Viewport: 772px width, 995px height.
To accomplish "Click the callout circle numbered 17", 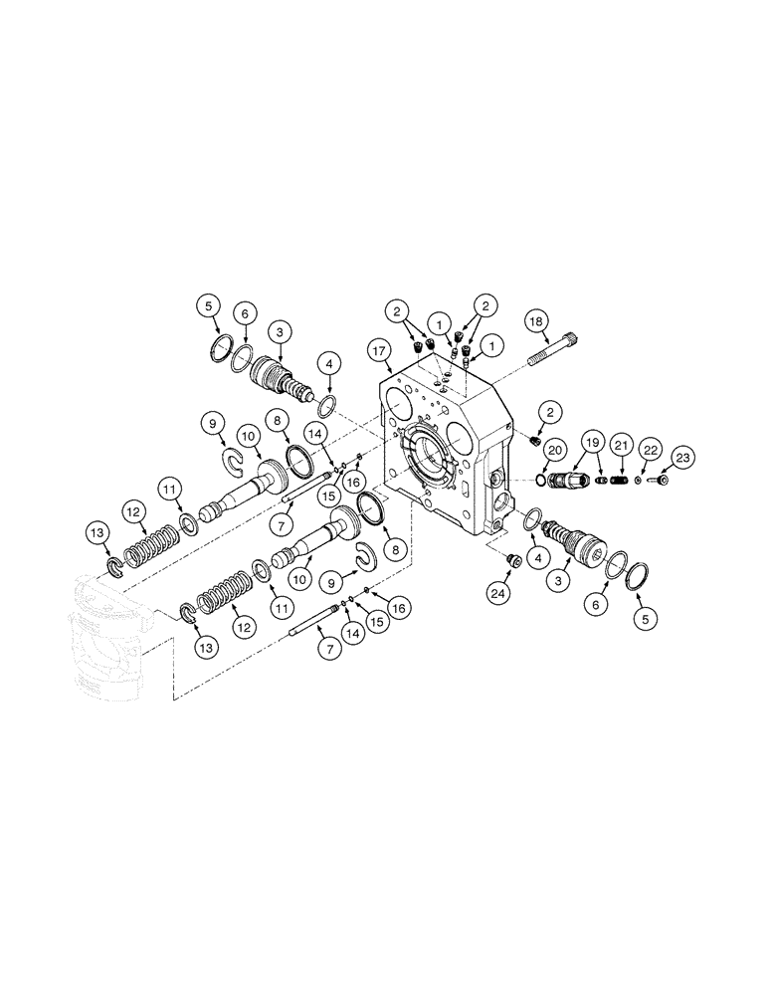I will (x=379, y=349).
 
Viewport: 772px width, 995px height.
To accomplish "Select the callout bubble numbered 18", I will (x=536, y=321).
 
